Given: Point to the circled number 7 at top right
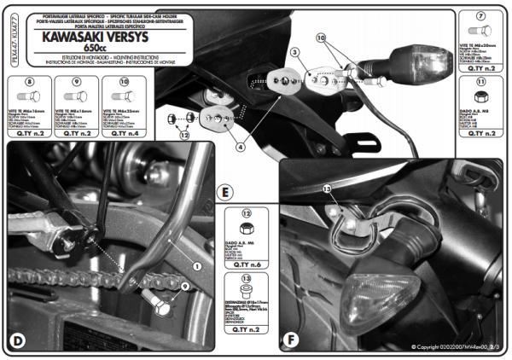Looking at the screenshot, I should tap(481, 16).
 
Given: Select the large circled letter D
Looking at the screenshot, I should tap(17, 341).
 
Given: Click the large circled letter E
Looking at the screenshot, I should tap(224, 192).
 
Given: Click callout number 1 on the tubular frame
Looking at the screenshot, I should tap(198, 265).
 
